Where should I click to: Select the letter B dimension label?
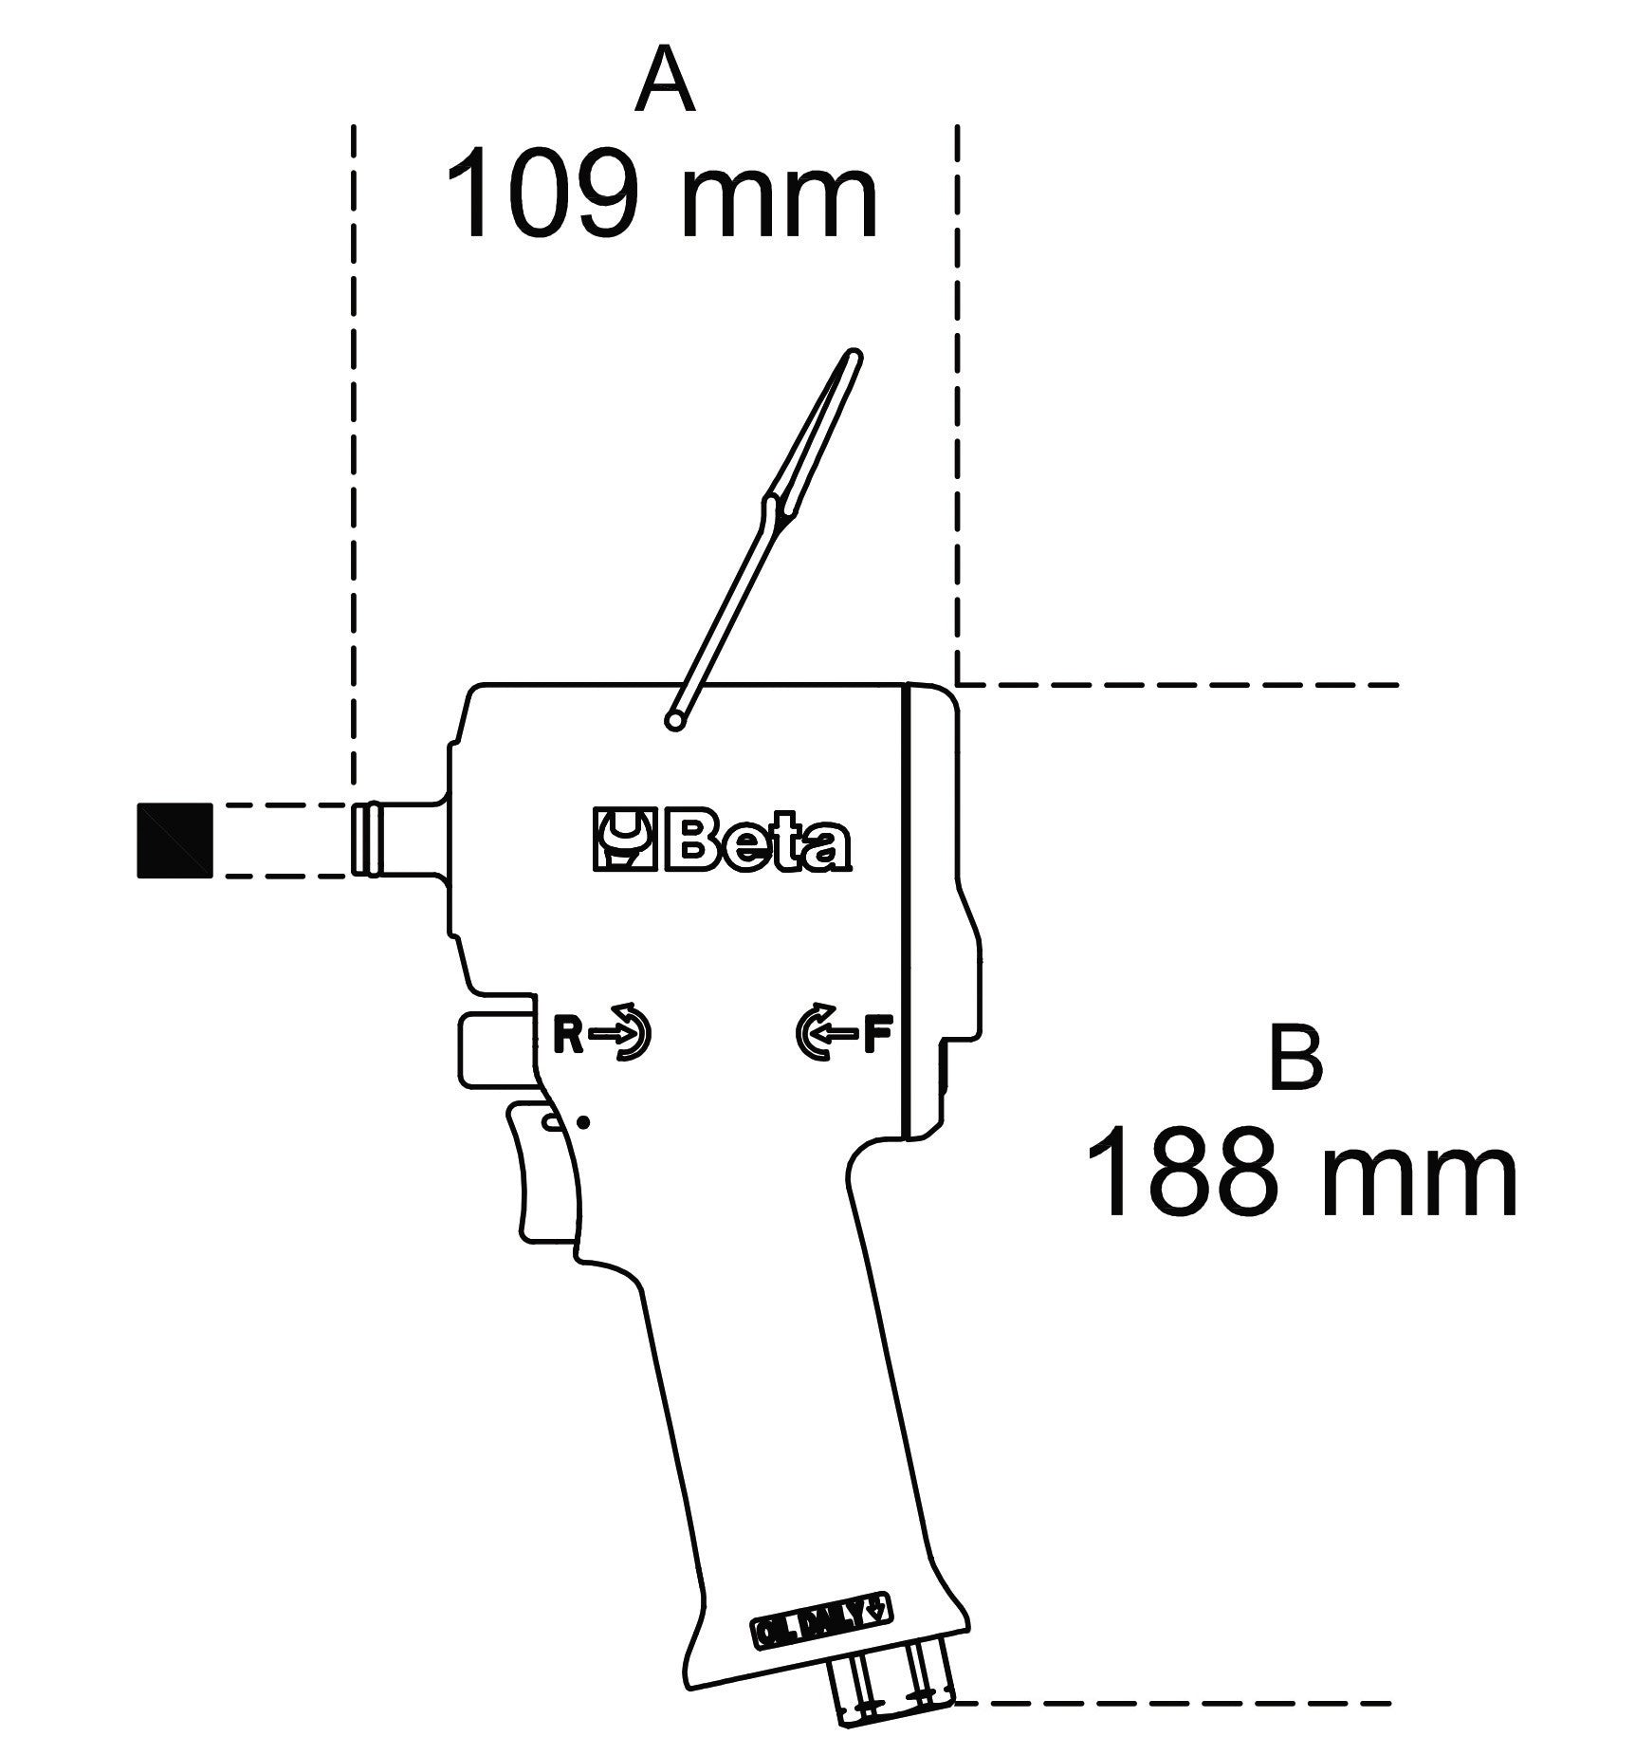(x=1295, y=1058)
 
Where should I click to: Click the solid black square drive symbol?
(x=175, y=840)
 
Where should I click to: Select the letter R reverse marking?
(x=567, y=1036)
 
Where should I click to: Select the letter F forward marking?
(x=877, y=1036)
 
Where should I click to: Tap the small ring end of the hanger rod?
(x=675, y=722)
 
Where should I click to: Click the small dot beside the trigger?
(x=584, y=1122)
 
